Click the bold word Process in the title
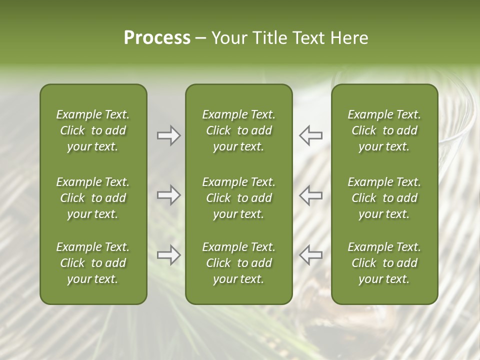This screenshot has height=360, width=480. click(157, 38)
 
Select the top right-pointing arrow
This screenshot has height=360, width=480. click(168, 135)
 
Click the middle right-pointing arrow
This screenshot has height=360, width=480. click(168, 195)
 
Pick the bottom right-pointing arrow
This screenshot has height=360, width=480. click(168, 255)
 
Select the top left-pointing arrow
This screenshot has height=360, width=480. click(311, 135)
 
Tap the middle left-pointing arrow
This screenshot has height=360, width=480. click(311, 195)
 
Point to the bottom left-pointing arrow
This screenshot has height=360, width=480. click(311, 255)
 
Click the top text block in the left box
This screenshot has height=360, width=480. click(93, 130)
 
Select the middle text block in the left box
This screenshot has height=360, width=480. click(93, 198)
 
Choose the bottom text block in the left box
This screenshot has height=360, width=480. click(93, 263)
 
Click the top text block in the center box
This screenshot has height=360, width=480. click(239, 130)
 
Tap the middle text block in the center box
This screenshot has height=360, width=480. click(239, 198)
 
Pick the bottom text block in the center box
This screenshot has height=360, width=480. click(239, 263)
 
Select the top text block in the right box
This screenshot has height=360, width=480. click(384, 130)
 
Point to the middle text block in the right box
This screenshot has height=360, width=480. click(384, 198)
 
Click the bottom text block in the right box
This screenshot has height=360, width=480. click(384, 263)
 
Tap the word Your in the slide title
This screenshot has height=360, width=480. click(228, 38)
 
